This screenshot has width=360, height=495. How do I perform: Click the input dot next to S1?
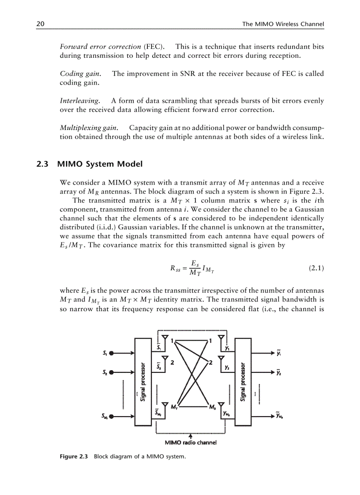[112, 353]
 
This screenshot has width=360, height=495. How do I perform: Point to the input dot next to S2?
[112, 372]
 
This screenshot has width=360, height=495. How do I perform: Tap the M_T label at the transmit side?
[175, 406]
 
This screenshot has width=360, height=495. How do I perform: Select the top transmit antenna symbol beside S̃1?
[165, 339]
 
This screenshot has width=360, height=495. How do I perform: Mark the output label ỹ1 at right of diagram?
[279, 352]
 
